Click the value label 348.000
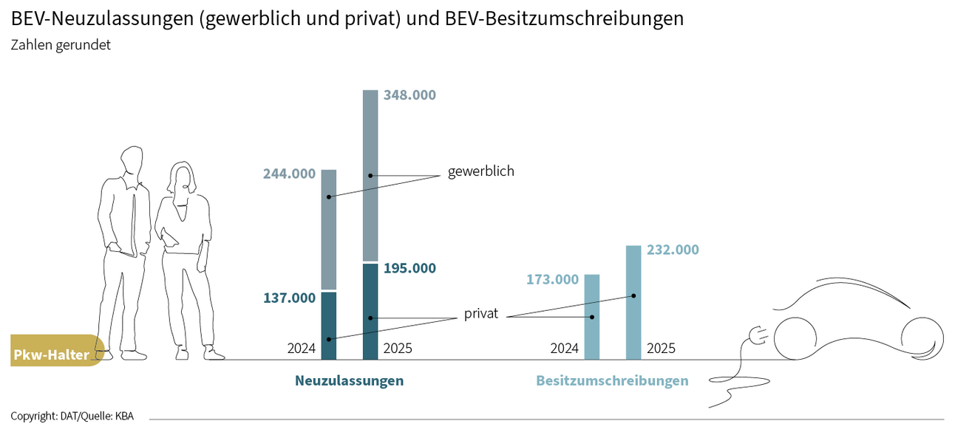(409, 95)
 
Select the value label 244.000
(289, 174)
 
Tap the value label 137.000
(289, 298)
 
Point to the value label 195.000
(409, 268)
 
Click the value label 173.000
(552, 280)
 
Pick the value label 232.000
(673, 250)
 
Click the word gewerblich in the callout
(480, 171)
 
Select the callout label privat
(481, 314)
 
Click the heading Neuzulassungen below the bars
(349, 381)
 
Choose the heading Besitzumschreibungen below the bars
(612, 381)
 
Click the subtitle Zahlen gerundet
(61, 45)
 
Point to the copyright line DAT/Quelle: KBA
(72, 417)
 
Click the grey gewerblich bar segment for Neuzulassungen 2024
(329, 229)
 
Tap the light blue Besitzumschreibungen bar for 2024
(592, 317)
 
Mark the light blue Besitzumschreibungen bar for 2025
(633, 303)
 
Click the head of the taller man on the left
(132, 161)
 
